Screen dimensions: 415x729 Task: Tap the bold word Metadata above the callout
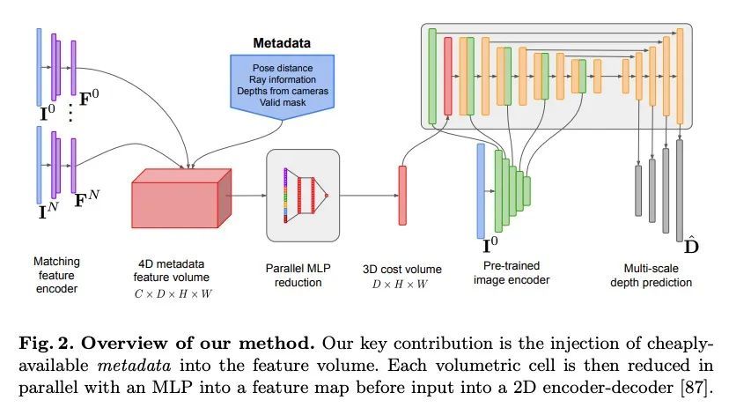tap(282, 42)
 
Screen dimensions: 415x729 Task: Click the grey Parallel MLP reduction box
tap(302, 195)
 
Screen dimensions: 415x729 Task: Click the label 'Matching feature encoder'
tap(56, 273)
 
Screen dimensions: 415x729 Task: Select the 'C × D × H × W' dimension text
tap(180, 294)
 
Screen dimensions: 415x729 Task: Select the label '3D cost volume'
tap(402, 269)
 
